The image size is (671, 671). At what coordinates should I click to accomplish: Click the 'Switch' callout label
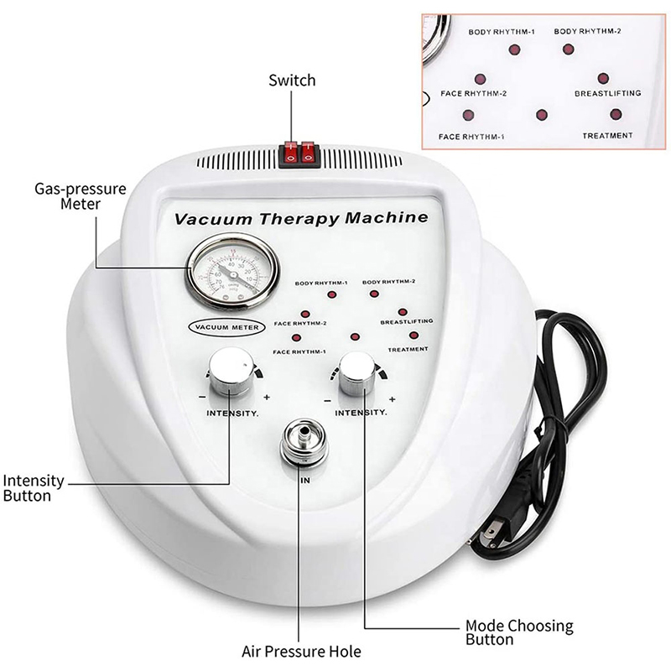click(x=292, y=81)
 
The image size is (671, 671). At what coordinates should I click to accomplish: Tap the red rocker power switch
click(x=298, y=152)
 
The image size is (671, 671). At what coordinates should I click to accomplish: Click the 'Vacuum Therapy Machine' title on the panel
click(x=300, y=219)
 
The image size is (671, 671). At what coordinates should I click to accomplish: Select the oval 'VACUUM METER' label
click(x=226, y=326)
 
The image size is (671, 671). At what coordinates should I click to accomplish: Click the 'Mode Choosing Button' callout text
click(x=519, y=632)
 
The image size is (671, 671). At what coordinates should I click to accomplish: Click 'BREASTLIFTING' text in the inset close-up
click(x=607, y=93)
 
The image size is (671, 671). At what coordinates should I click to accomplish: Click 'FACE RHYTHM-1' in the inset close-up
click(x=471, y=135)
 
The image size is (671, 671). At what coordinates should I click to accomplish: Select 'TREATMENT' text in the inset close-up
click(x=608, y=135)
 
